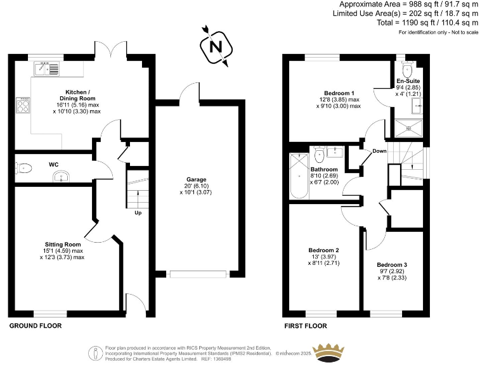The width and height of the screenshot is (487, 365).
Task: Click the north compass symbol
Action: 215,46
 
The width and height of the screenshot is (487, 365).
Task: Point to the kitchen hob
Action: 24,105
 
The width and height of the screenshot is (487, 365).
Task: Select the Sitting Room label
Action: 63,250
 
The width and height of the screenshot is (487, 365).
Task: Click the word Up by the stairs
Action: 138,212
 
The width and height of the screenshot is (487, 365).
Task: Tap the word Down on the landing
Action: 379,151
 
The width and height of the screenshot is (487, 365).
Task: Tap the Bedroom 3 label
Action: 392,269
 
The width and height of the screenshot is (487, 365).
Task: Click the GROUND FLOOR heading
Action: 35,326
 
